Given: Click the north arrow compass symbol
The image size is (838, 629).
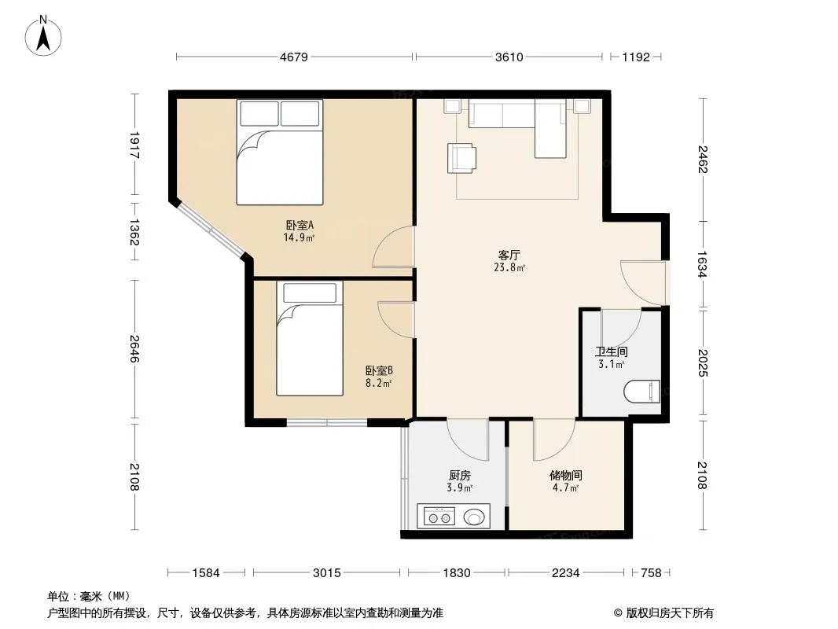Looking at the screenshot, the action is (43, 35).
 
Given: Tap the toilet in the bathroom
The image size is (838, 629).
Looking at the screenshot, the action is (641, 392).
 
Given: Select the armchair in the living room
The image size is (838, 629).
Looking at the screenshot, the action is (461, 158).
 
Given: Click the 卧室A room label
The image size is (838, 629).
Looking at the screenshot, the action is (300, 225).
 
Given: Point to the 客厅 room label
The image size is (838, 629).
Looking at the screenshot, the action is (509, 255).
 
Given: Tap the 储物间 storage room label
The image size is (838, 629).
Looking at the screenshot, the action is (565, 475).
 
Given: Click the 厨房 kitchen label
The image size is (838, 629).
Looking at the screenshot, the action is (460, 475).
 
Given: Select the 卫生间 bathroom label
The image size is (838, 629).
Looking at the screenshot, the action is (612, 351).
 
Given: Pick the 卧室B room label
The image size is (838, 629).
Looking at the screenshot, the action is (380, 370).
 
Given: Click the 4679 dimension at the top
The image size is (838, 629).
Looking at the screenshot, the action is (294, 57).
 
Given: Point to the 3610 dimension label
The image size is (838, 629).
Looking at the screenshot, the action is (509, 57).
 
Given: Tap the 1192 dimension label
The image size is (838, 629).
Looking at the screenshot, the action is (636, 57).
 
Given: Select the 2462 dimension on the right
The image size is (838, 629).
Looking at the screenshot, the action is (702, 160).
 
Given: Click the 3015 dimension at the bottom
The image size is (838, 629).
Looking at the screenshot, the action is (326, 573).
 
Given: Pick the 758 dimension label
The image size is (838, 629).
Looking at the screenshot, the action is (651, 573).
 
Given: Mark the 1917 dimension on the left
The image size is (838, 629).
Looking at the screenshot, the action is (134, 145).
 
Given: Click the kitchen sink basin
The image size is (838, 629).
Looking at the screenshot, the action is (474, 517).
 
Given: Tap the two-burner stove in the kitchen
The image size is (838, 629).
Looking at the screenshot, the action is (439, 517).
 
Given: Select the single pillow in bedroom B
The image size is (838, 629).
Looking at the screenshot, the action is (310, 293).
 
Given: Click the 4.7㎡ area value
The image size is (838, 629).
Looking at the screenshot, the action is (565, 488).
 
